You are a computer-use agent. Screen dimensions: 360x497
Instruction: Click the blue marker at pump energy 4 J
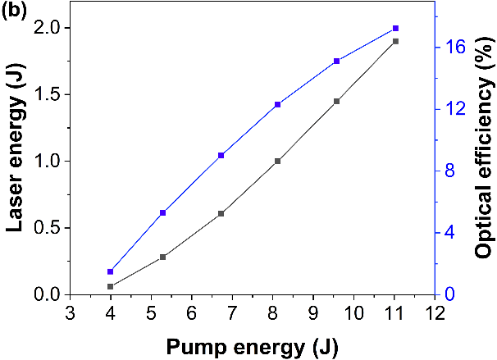point(110,271)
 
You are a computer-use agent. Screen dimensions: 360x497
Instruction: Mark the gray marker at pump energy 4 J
point(110,286)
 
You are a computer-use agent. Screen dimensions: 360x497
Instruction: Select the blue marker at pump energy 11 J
point(395,29)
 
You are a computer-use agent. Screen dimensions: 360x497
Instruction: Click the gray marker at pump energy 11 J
point(395,41)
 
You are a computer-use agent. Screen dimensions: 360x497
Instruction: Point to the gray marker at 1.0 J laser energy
point(278,161)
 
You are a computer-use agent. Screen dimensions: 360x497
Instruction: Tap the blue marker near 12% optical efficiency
point(278,104)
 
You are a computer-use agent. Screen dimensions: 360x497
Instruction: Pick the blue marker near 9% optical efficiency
point(221,155)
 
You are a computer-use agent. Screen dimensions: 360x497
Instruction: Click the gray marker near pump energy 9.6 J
point(336,101)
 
